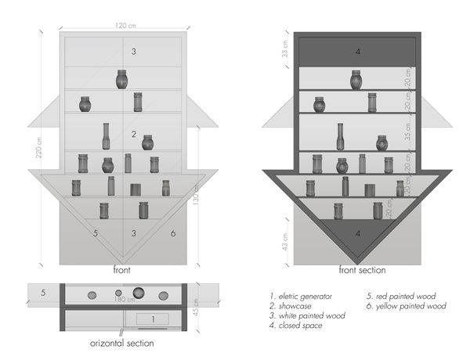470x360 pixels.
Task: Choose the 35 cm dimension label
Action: pyautogui.click(x=408, y=134)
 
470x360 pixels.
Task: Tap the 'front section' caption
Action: pyautogui.click(x=362, y=270)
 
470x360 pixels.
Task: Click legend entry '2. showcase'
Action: pyautogui.click(x=291, y=306)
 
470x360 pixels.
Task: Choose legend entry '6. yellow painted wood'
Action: pyautogui.click(x=407, y=306)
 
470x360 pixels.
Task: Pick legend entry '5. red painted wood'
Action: pyautogui.click(x=402, y=296)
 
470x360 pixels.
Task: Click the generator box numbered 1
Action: pyautogui.click(x=154, y=319)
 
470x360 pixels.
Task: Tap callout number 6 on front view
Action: pyautogui.click(x=172, y=233)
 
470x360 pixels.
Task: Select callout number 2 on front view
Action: pyautogui.click(x=134, y=135)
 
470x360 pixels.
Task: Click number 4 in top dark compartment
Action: pyautogui.click(x=357, y=52)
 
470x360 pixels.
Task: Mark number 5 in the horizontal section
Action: pyautogui.click(x=44, y=293)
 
